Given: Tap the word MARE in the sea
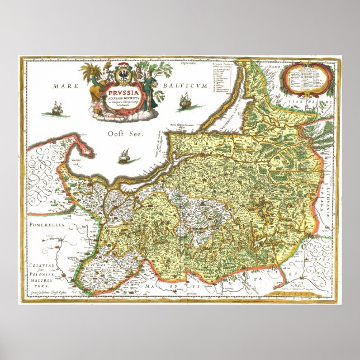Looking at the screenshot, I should pyautogui.click(x=64, y=87).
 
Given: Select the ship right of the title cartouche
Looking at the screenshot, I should pyautogui.click(x=185, y=102).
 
